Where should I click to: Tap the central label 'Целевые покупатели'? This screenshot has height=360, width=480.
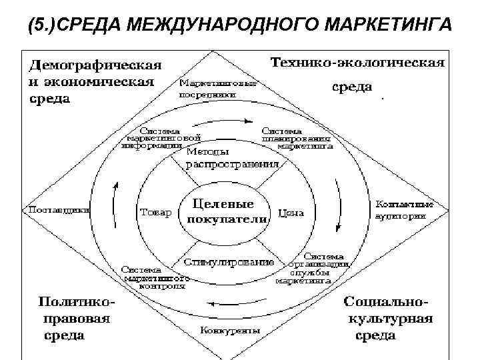click(x=223, y=211)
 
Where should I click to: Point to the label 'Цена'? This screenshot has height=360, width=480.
click(x=291, y=213)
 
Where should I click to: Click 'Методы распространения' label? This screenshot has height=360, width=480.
click(x=223, y=158)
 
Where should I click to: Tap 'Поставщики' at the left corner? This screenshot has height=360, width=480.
click(x=57, y=209)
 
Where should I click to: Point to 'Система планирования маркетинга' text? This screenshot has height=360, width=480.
click(x=296, y=137)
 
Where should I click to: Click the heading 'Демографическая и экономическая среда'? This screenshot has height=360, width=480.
click(x=93, y=82)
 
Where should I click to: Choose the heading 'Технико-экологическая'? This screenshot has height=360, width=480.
click(x=357, y=63)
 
